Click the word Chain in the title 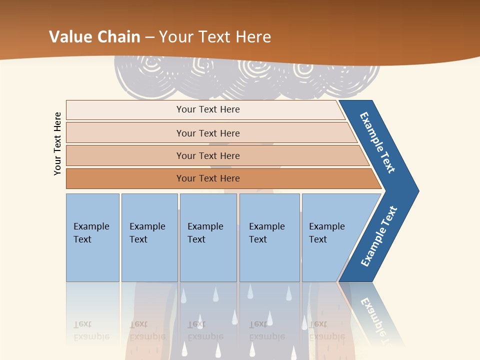coord(118,36)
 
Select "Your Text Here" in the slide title coord(215,36)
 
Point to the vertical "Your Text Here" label coord(57,143)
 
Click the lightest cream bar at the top coord(207,109)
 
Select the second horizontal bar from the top coord(207,133)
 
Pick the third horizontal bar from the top coord(207,155)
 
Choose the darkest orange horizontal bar coord(207,178)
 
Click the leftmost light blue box coord(92,237)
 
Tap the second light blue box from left coord(149,237)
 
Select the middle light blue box coord(208,237)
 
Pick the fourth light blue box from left coord(269,237)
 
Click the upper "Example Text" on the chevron coord(378,142)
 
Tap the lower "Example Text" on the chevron coord(379,236)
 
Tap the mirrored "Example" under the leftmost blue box coord(91,336)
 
